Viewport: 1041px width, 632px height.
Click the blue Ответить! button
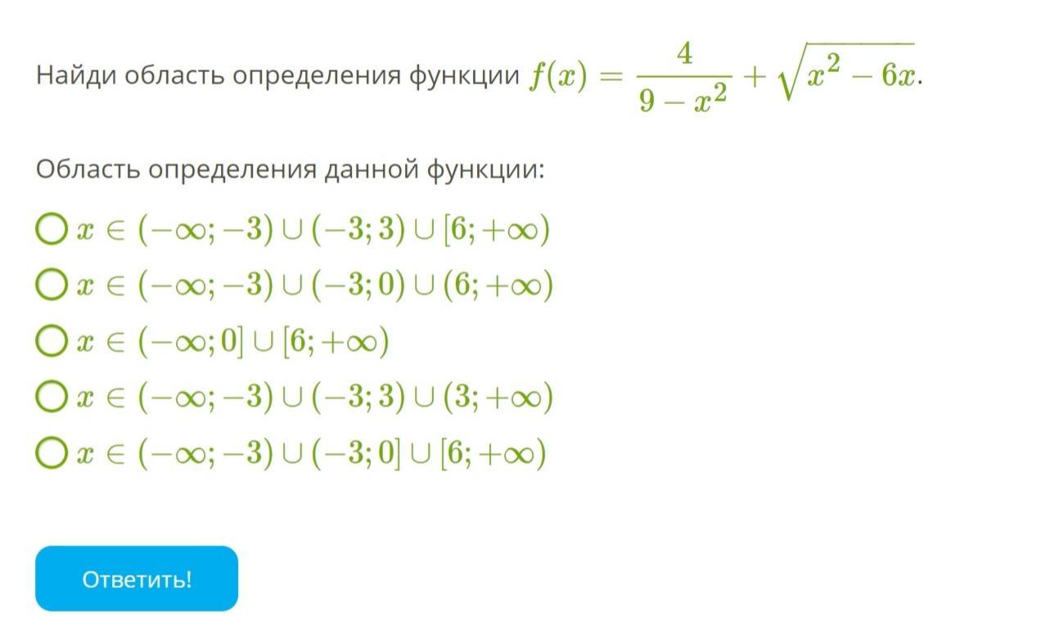[137, 579]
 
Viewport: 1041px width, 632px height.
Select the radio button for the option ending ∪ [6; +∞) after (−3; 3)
[52, 228]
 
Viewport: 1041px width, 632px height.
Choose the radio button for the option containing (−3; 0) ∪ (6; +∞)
[52, 284]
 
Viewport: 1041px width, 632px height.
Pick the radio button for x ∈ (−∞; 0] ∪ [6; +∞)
[52, 341]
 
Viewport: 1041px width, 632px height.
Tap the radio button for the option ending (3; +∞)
[52, 396]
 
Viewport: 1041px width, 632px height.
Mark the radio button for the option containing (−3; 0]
[52, 452]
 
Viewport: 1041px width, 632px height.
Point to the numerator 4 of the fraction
[684, 53]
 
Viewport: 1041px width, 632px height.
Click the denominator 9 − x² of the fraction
[683, 100]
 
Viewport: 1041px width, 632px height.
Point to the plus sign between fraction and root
[755, 77]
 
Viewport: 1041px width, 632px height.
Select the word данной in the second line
[372, 169]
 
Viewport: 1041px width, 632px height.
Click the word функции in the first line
[464, 76]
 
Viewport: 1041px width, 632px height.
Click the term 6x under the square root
[899, 76]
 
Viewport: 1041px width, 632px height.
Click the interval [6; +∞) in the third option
[336, 342]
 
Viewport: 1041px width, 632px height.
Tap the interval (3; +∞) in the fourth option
[498, 398]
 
